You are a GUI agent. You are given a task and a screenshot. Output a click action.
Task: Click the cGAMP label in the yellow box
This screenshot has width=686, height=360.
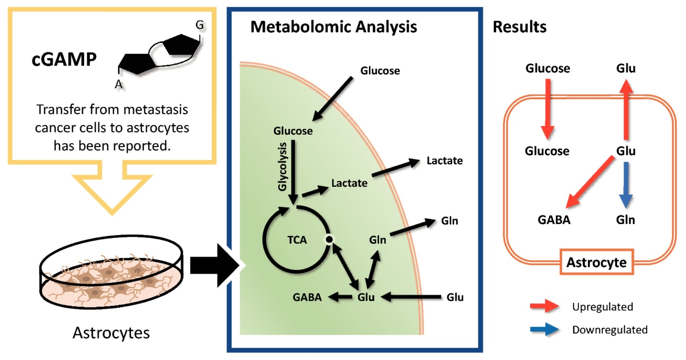click(64, 59)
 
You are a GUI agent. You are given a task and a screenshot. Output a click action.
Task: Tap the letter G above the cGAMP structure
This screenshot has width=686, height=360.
click(200, 25)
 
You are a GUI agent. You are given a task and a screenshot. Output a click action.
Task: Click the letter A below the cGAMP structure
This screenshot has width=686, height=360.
click(119, 85)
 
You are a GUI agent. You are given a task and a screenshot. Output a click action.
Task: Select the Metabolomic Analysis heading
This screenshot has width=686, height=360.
click(333, 27)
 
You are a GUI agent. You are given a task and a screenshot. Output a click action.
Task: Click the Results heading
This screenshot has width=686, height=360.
click(519, 27)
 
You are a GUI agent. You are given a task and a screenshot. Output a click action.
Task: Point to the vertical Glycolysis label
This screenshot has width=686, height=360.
click(282, 166)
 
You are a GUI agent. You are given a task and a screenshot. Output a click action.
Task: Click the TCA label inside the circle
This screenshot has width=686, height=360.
click(297, 240)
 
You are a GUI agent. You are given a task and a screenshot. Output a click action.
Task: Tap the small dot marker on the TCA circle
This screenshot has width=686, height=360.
click(329, 239)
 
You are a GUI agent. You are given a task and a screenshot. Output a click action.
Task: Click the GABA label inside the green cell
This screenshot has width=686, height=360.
click(307, 297)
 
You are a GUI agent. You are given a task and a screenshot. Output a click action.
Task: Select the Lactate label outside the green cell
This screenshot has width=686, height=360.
click(444, 161)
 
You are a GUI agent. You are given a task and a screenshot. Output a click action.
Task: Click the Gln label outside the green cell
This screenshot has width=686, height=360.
click(449, 221)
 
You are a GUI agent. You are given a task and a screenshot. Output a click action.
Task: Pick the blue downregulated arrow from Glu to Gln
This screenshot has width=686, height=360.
click(626, 184)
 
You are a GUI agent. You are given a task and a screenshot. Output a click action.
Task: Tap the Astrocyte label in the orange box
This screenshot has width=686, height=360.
click(596, 262)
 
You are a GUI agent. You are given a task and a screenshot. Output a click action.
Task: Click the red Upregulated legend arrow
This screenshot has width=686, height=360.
click(544, 306)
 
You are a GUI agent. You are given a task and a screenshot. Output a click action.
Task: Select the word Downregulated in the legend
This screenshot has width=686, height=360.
click(610, 330)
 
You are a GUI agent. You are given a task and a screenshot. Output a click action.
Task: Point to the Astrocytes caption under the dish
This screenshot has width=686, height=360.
click(111, 333)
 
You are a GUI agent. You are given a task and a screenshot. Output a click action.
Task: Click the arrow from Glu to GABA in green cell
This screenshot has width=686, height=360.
click(340, 297)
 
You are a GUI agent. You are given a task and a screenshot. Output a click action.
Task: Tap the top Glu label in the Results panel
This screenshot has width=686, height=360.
click(626, 68)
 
